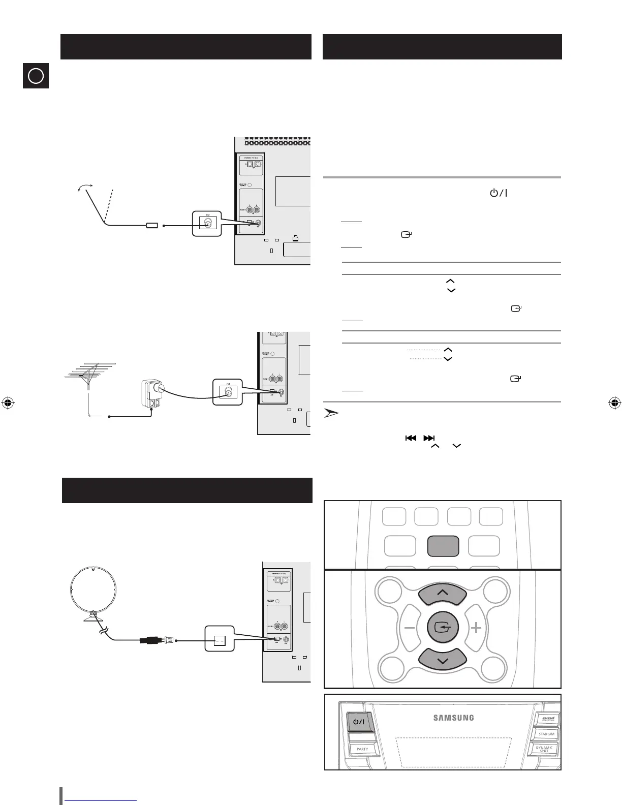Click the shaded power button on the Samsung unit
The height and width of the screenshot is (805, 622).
pyautogui.click(x=359, y=722)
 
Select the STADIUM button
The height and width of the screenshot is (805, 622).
pyautogui.click(x=546, y=734)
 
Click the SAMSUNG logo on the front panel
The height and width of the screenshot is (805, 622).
pyautogui.click(x=453, y=718)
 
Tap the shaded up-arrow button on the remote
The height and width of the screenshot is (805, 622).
pyautogui.click(x=442, y=593)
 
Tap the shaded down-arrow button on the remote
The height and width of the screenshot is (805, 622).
pyautogui.click(x=442, y=660)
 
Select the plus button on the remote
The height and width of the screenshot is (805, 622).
pyautogui.click(x=476, y=628)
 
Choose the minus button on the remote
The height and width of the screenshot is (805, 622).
pyautogui.click(x=410, y=628)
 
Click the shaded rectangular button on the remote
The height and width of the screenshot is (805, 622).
pyautogui.click(x=443, y=546)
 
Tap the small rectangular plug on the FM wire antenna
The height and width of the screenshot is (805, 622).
pyautogui.click(x=152, y=225)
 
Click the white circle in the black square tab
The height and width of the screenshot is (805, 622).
pyautogui.click(x=36, y=76)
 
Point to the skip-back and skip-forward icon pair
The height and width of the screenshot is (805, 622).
pyautogui.click(x=420, y=438)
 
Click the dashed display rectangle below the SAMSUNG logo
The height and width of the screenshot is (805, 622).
pyautogui.click(x=454, y=752)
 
